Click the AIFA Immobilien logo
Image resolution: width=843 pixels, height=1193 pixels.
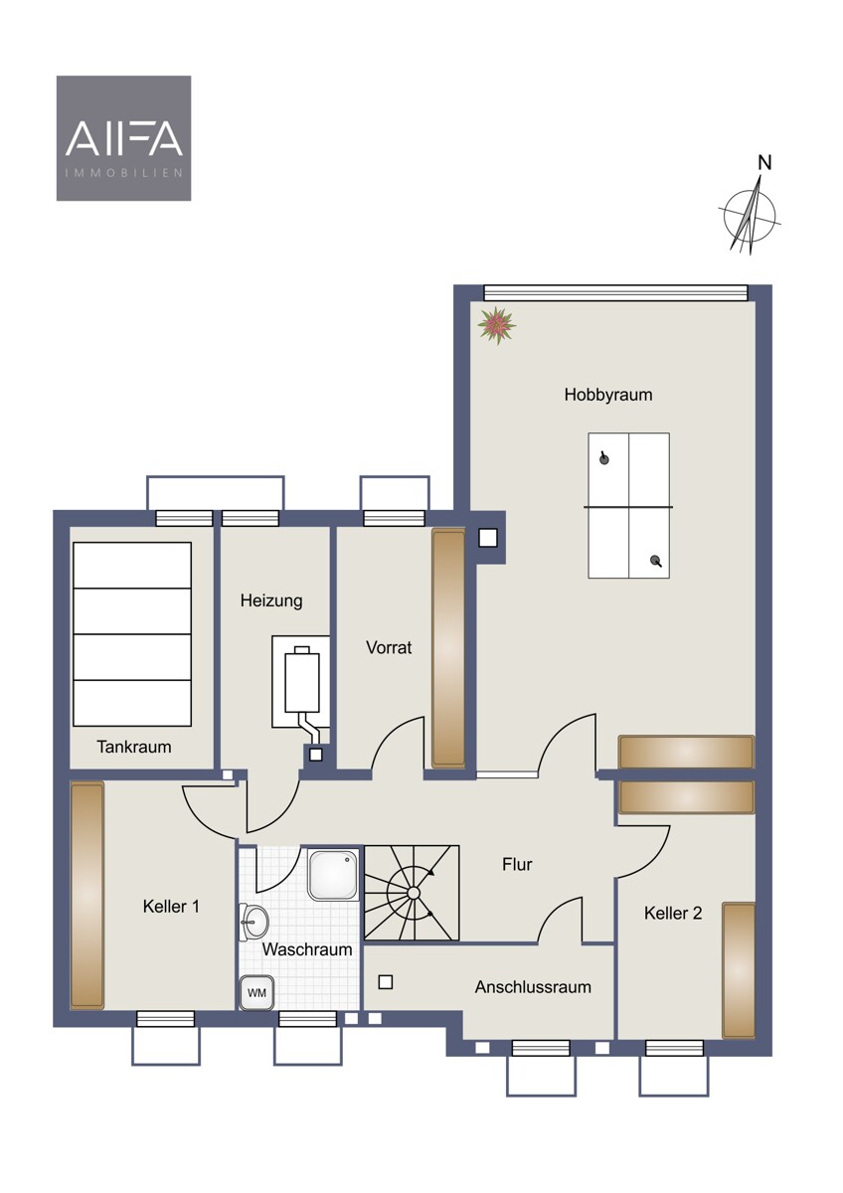click(123, 138)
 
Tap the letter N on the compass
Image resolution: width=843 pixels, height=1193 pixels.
click(764, 162)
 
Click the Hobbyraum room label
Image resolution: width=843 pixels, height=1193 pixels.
click(608, 395)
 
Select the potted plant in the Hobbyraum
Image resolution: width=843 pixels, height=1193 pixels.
click(496, 325)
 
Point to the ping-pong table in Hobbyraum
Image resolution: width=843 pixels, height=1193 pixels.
click(628, 505)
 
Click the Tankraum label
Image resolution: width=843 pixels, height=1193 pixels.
click(134, 747)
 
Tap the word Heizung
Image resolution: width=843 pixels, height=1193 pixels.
click(271, 600)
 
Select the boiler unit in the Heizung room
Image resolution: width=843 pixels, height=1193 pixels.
click(302, 683)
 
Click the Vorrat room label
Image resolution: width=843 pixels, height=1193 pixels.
click(389, 647)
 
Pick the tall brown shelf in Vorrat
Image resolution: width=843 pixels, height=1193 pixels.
click(448, 648)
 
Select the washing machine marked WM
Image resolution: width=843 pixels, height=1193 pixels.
click(256, 993)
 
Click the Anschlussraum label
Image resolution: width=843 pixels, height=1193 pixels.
click(533, 987)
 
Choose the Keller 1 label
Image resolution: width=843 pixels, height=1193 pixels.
click(171, 906)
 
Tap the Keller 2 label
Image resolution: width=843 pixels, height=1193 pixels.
click(673, 913)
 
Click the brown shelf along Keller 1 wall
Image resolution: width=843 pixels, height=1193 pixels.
click(87, 896)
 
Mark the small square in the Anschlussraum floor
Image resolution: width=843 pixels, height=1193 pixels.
click(386, 982)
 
